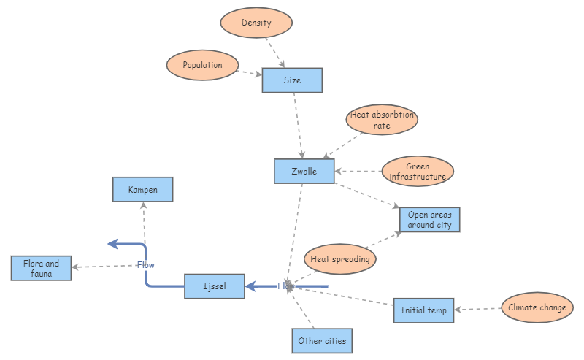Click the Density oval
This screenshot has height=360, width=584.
256,23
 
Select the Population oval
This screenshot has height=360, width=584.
203,65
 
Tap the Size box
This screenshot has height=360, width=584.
292,80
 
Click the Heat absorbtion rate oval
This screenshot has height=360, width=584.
382,120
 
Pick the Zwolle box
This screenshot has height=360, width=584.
304,171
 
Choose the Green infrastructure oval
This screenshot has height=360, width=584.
418,172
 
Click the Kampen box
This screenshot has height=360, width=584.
143,190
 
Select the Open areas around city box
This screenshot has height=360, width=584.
429,220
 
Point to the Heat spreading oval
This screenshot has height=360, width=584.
339,258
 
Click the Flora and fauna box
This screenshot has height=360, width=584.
42,268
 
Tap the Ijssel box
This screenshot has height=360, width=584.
214,286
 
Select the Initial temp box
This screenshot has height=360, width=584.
423,310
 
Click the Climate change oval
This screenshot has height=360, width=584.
537,307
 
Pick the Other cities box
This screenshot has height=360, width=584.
321,341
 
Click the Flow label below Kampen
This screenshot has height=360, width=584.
146,265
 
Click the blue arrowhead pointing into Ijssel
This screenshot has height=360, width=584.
250,286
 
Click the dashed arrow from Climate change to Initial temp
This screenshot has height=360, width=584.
478,309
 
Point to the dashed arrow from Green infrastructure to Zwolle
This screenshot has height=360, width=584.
359,172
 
